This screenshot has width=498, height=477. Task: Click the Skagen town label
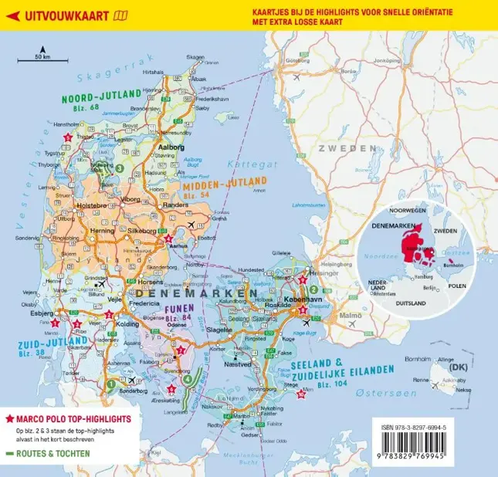[195, 57]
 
